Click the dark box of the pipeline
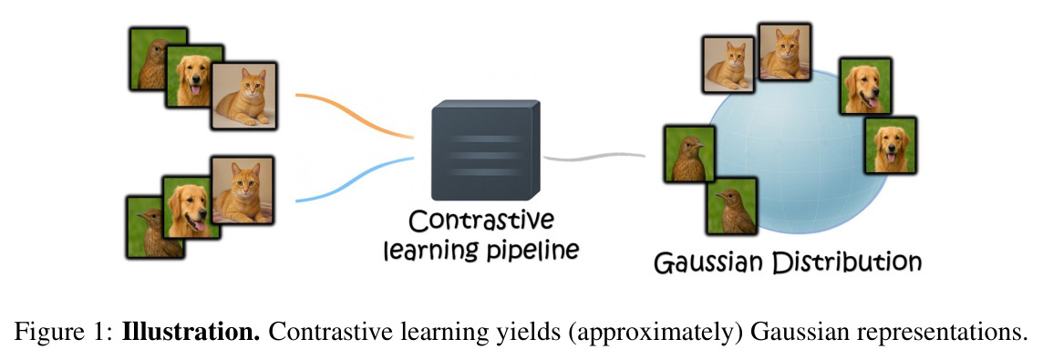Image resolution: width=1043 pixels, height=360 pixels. (x=485, y=150)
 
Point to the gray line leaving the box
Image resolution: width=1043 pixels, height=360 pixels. (x=594, y=158)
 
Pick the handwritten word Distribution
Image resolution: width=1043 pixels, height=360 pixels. (x=846, y=261)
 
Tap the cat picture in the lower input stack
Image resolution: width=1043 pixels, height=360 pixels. (x=242, y=190)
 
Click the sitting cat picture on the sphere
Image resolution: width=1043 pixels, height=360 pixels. (x=784, y=52)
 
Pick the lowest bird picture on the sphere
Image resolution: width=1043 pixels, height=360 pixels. (x=732, y=206)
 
